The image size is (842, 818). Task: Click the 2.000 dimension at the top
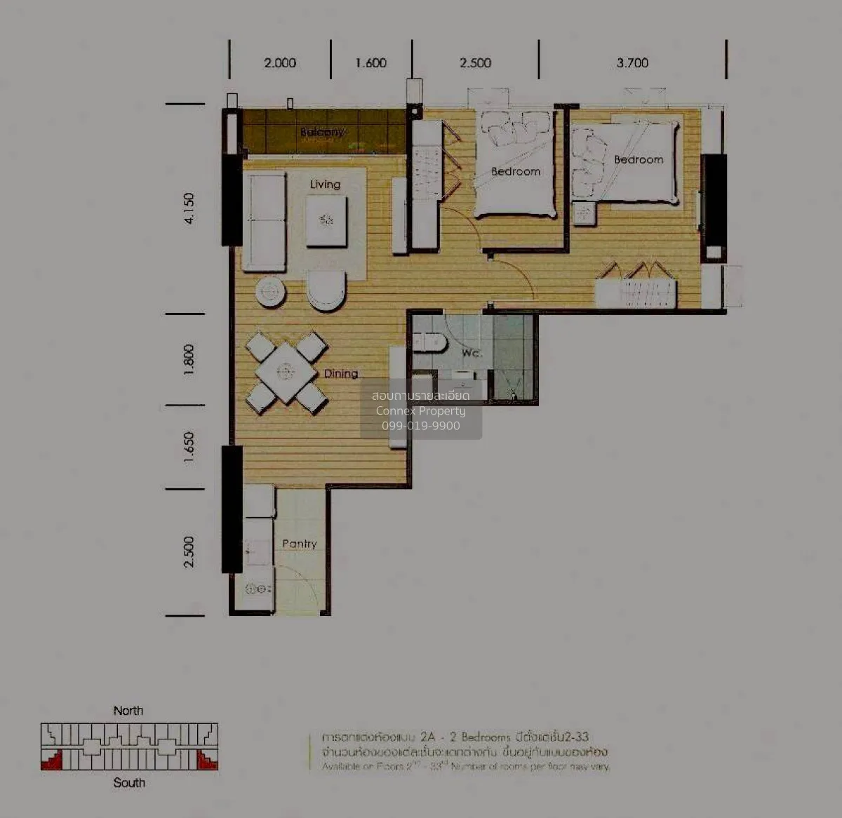[x=280, y=63]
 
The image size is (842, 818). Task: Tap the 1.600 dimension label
[x=370, y=63]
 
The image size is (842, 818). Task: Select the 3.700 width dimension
[x=632, y=63]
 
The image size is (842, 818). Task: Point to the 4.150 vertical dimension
[x=189, y=208]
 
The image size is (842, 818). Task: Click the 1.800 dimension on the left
[x=189, y=360]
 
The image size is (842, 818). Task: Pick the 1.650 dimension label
[x=189, y=447]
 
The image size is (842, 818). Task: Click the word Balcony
[x=322, y=132]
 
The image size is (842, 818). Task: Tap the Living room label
[x=325, y=185]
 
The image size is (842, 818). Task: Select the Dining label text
[x=341, y=374]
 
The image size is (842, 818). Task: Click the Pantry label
[x=300, y=544]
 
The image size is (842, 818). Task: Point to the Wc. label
[x=471, y=353]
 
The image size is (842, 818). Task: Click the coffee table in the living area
[x=326, y=220]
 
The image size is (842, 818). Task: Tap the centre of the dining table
[x=286, y=371]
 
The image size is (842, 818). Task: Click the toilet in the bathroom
[x=430, y=342]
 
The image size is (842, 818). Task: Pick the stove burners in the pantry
[x=258, y=589]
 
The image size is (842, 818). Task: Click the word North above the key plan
[x=128, y=711]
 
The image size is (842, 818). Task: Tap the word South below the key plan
[x=129, y=782]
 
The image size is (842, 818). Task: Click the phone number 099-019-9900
[x=421, y=426]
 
